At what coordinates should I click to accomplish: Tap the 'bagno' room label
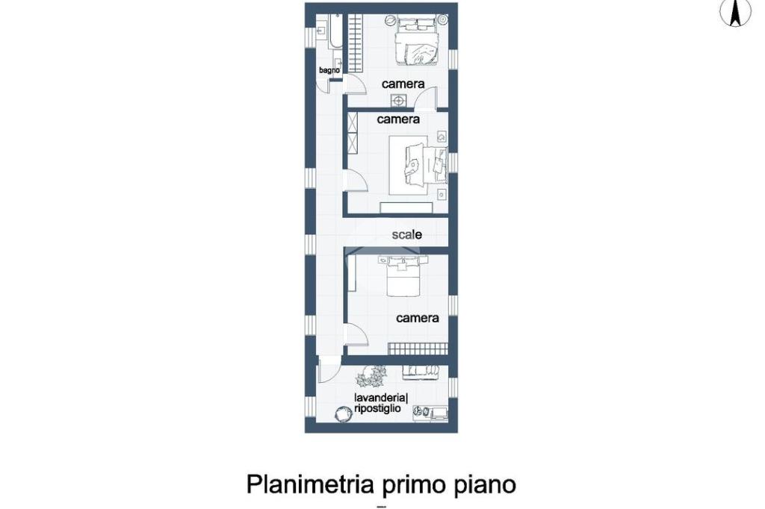tap(329, 70)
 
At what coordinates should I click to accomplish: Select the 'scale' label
tap(407, 234)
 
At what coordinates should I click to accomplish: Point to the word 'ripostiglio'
tap(377, 408)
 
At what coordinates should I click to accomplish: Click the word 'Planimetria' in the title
tap(310, 484)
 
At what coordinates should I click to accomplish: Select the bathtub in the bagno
tap(336, 31)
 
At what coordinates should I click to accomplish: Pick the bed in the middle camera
tap(418, 165)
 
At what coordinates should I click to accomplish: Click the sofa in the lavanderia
tap(421, 372)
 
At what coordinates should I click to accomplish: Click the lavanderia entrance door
tap(328, 370)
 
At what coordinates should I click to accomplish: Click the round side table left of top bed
tap(391, 20)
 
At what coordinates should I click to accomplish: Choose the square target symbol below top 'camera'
tap(398, 101)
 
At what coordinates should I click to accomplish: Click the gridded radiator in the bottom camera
tap(418, 349)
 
